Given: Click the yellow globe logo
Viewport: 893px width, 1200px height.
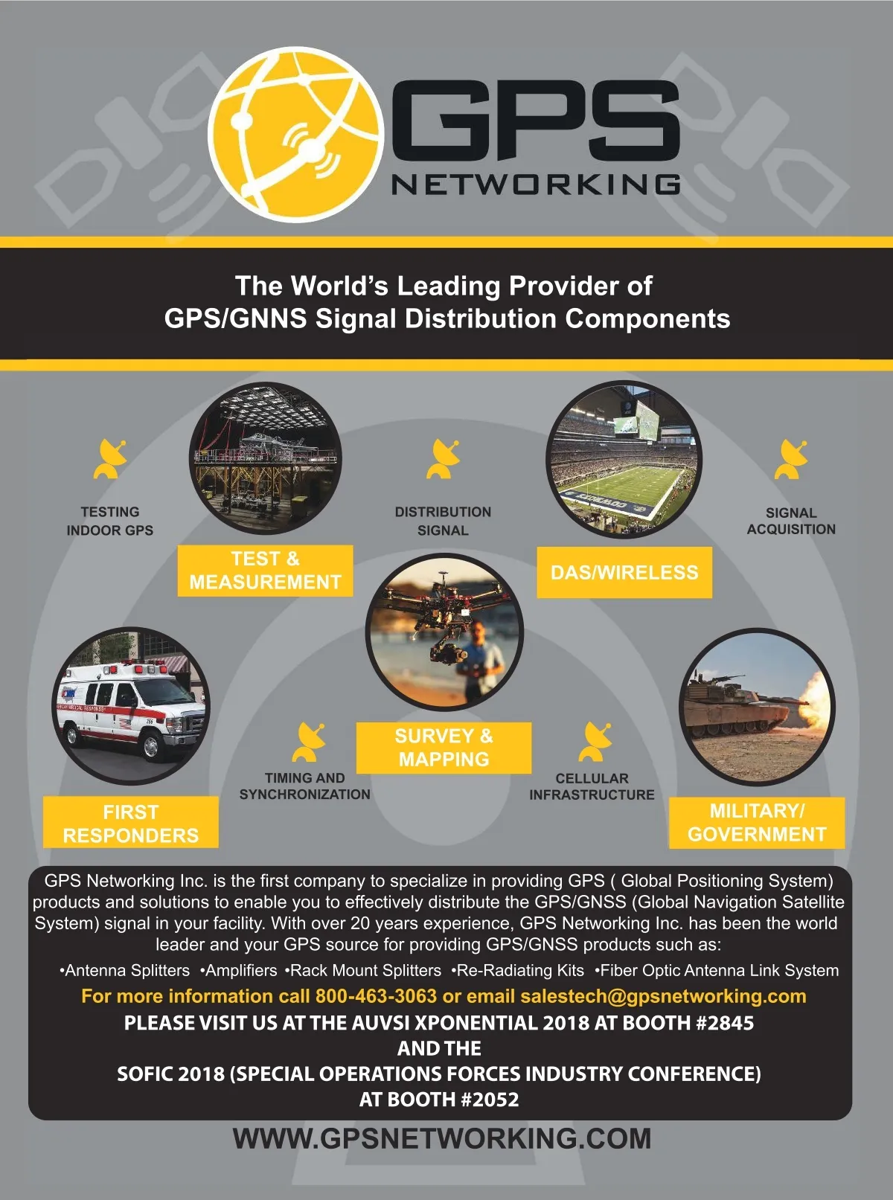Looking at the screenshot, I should (x=295, y=134).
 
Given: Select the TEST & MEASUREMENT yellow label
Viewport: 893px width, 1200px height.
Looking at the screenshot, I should (x=265, y=571).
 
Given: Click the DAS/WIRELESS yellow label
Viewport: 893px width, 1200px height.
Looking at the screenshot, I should (x=624, y=573).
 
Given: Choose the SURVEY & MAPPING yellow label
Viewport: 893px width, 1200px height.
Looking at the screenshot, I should (x=444, y=748).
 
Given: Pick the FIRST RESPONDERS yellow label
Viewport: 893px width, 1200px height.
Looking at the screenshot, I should (x=131, y=823).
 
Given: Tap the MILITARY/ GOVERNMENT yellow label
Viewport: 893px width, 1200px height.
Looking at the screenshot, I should (x=757, y=823).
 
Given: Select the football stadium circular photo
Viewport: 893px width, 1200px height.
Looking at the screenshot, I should (x=624, y=459).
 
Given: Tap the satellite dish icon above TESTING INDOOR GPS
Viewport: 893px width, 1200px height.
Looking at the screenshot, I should (x=109, y=459).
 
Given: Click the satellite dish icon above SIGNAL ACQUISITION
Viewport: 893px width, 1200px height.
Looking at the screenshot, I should (x=790, y=459).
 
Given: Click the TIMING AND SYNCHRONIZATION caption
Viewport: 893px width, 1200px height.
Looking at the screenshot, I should (x=304, y=786).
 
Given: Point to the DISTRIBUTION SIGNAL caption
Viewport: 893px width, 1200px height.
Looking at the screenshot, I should (x=443, y=522).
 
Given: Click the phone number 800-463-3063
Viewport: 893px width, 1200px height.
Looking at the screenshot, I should (x=376, y=996).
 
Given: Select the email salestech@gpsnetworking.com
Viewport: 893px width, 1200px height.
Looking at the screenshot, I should (x=663, y=996).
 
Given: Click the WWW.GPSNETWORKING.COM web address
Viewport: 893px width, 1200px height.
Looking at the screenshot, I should (x=442, y=1139).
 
